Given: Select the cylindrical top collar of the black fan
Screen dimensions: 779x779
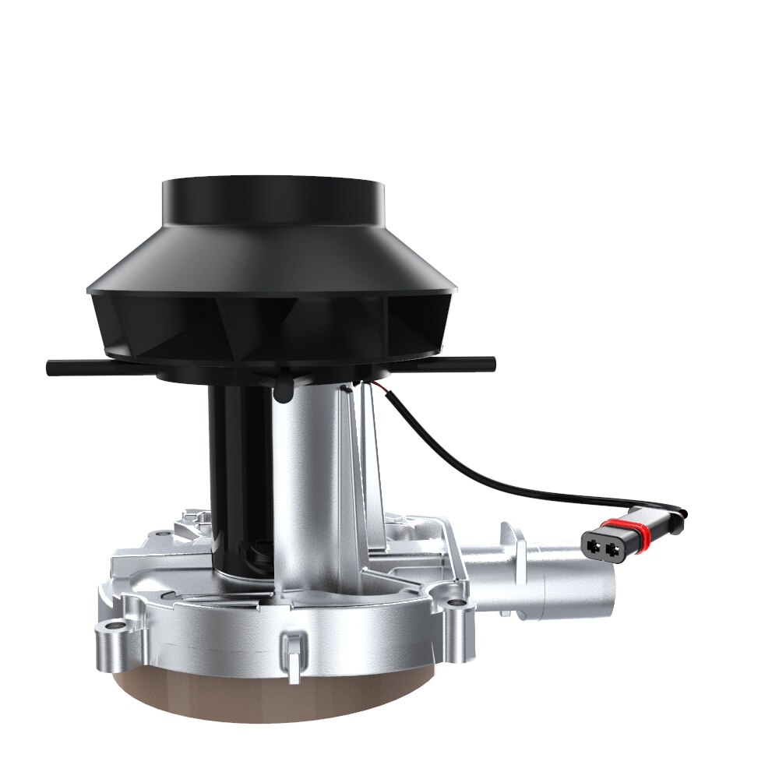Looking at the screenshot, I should click(272, 201).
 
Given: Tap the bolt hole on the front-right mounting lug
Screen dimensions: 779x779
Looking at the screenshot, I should click(454, 602).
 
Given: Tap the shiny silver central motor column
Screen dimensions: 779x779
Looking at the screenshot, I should click(308, 483).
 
